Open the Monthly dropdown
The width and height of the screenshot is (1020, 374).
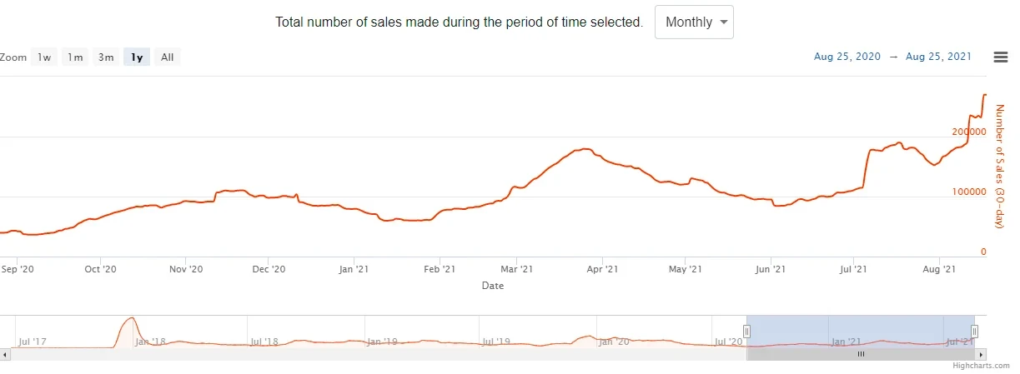tap(694, 22)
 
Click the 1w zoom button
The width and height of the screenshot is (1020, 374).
tap(44, 57)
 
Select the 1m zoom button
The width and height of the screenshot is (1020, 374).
tap(75, 57)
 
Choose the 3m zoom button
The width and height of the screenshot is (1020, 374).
tap(106, 57)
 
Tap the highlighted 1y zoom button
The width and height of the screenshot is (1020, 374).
tap(137, 57)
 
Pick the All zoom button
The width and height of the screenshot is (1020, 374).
tap(167, 57)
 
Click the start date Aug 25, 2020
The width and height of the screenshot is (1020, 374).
tap(847, 57)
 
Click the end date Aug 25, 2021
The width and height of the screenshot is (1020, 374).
tap(938, 57)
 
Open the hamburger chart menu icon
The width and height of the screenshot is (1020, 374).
tap(1001, 57)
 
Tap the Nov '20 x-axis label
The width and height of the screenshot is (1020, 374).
tap(186, 269)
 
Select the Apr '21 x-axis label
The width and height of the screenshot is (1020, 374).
tap(602, 269)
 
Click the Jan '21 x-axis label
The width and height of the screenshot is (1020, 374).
tap(354, 269)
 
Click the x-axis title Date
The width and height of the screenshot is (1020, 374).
tap(492, 286)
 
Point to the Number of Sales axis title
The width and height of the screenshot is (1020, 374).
tap(1000, 167)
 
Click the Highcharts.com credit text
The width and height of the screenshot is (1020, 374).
tap(982, 365)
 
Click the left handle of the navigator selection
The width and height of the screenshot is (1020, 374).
tap(746, 331)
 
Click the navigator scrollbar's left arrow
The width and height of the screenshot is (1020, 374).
tap(4, 354)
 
